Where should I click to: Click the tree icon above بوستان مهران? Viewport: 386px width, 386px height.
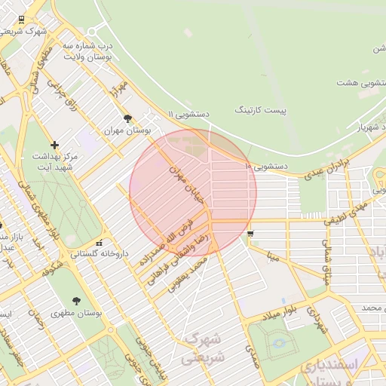pyautogui.click(x=127, y=118)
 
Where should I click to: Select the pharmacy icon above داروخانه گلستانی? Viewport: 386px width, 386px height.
pyautogui.click(x=100, y=243)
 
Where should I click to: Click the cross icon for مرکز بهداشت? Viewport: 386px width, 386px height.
pyautogui.click(x=54, y=145)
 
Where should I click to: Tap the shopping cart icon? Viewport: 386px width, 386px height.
pyautogui.click(x=250, y=234)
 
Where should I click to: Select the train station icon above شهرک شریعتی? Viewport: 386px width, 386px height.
pyautogui.click(x=20, y=20)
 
